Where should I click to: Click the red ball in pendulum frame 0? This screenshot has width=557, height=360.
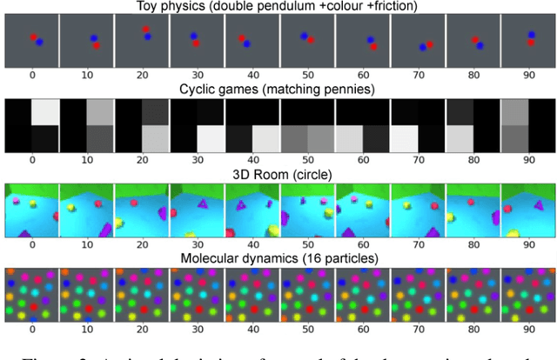click(33, 37)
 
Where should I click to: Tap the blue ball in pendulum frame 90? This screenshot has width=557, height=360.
click(531, 36)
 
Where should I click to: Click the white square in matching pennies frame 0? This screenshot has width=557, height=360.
click(45, 112)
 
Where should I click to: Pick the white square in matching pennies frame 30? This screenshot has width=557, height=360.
click(211, 139)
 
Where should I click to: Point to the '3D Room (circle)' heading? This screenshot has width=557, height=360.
click(278, 174)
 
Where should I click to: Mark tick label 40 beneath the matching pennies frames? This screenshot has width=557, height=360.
click(253, 159)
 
